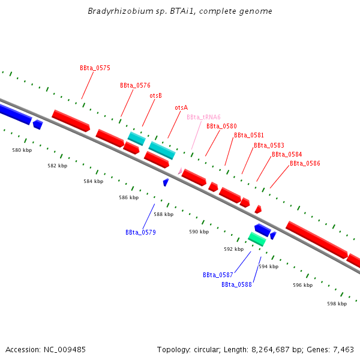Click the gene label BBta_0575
(95, 68)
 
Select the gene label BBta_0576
(135, 86)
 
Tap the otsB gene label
(155, 95)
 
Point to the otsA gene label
(181, 107)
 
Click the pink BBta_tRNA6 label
(203, 117)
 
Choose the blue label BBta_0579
(140, 232)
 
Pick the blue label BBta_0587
(218, 275)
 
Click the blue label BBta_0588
(236, 284)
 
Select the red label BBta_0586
(305, 163)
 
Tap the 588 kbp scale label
(163, 214)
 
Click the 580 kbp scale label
(22, 150)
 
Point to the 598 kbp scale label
(337, 304)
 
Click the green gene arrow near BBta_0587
(257, 239)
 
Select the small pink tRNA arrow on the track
(180, 171)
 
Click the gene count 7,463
(343, 349)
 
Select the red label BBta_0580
(221, 126)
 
